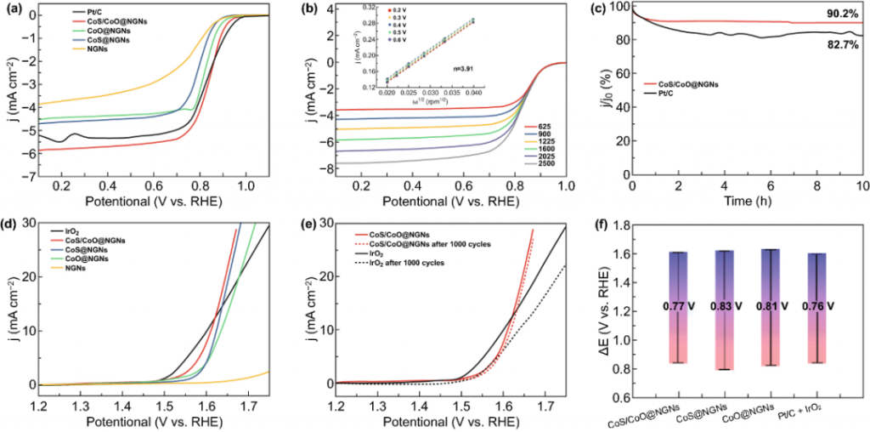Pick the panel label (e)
pyautogui.click(x=312, y=226)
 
